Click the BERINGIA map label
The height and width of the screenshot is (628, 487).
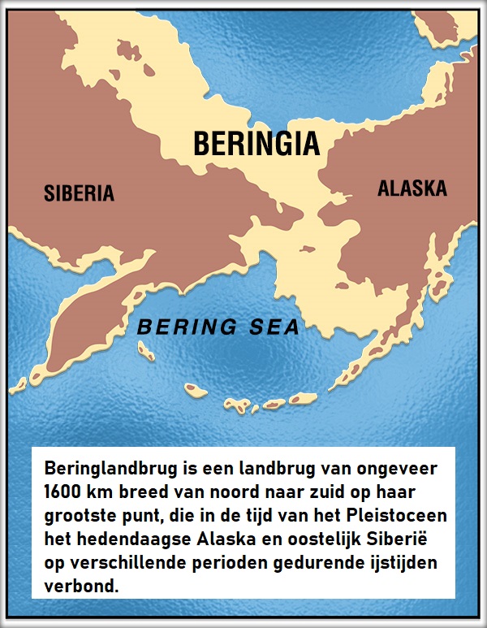[256, 144]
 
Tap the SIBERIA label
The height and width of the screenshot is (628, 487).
[79, 193]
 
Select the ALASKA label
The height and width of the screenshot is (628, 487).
[412, 188]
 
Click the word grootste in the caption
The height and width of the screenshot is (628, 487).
[78, 517]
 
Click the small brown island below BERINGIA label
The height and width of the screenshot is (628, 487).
[307, 249]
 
